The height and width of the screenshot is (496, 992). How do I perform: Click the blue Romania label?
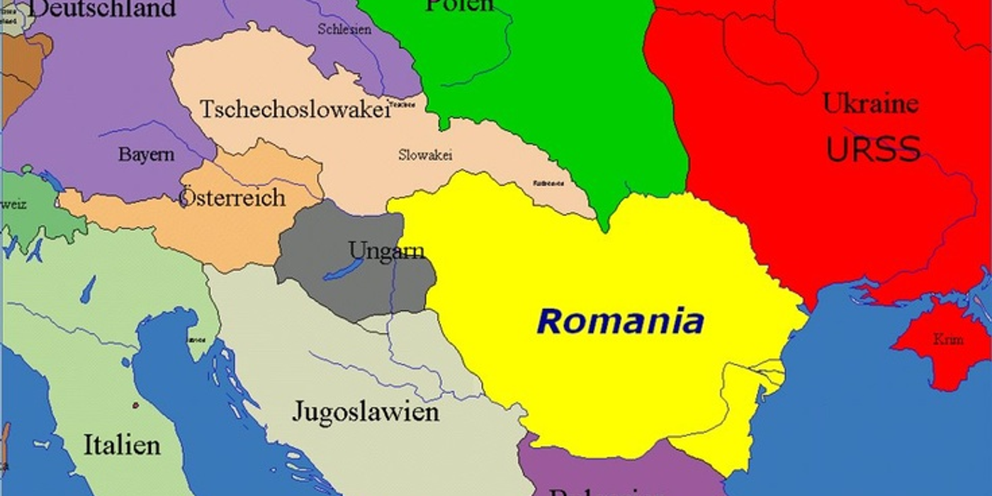pyautogui.click(x=621, y=322)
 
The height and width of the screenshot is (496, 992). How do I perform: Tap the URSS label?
pyautogui.click(x=873, y=150)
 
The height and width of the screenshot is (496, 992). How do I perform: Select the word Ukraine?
pyautogui.click(x=870, y=103)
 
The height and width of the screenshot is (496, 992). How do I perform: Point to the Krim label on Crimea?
pyautogui.click(x=947, y=339)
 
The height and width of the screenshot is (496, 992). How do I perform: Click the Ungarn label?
pyautogui.click(x=387, y=250)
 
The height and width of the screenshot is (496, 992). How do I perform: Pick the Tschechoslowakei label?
pyautogui.click(x=295, y=109)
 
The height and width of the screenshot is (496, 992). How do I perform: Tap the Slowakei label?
pyautogui.click(x=425, y=155)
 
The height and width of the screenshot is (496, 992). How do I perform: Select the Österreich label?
pyautogui.click(x=232, y=197)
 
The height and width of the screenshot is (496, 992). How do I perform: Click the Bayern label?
pyautogui.click(x=146, y=154)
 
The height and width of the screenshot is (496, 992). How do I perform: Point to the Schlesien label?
pyautogui.click(x=344, y=30)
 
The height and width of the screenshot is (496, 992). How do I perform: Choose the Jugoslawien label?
pyautogui.click(x=366, y=412)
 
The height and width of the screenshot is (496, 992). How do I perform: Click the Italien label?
pyautogui.click(x=122, y=445)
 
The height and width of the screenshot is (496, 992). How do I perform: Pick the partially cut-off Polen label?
pyautogui.click(x=459, y=6)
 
